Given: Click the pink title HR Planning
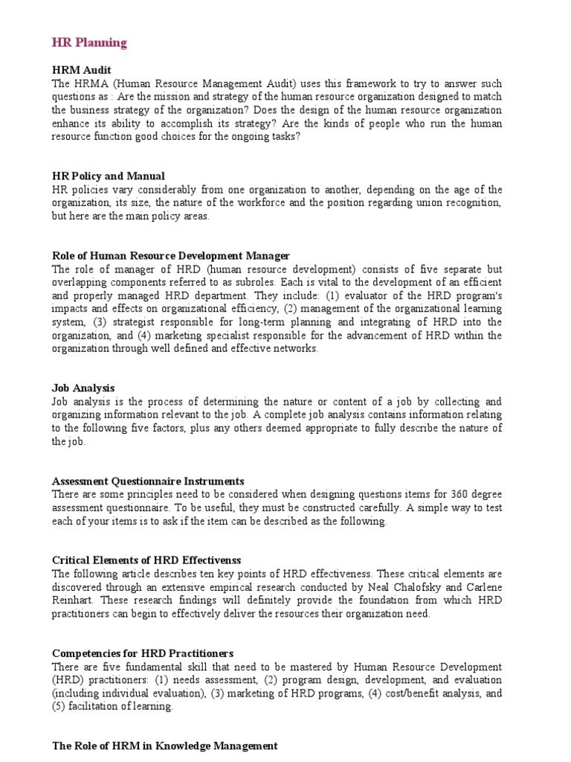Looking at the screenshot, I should (89, 42).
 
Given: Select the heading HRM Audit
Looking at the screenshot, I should (82, 70).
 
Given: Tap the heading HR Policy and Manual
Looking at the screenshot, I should (109, 176).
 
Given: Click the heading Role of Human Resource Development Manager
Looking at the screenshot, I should (170, 256).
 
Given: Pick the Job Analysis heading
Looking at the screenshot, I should (83, 388).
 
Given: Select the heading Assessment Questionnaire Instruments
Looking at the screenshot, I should (148, 481).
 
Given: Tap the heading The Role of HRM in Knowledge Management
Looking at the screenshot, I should (164, 745).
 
